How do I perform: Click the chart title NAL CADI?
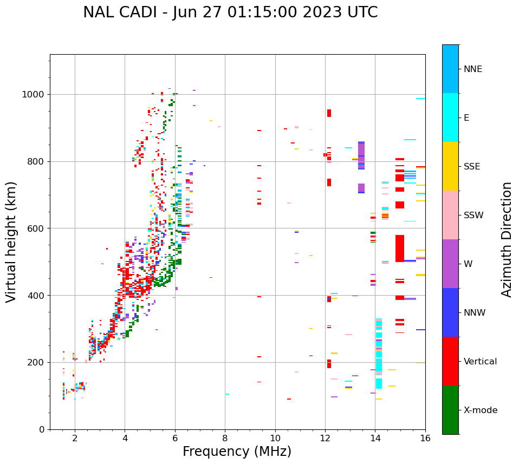[x=230, y=12]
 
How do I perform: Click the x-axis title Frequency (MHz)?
[x=237, y=452]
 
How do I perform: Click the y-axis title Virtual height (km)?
[x=11, y=242]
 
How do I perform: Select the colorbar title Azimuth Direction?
[x=507, y=239]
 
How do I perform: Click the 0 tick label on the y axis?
[x=42, y=429]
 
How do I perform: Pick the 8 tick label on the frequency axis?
[x=225, y=439]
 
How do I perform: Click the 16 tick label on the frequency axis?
[x=425, y=439]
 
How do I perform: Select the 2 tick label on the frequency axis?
[x=75, y=439]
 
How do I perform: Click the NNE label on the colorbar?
[x=472, y=69]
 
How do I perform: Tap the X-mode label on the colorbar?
[x=480, y=410]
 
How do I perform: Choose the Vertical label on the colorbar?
[x=480, y=362]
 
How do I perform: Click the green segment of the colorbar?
[x=450, y=410]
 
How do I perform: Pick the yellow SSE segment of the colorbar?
[x=450, y=166]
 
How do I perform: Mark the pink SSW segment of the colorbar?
[x=450, y=215]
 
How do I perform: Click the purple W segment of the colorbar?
[x=450, y=264]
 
